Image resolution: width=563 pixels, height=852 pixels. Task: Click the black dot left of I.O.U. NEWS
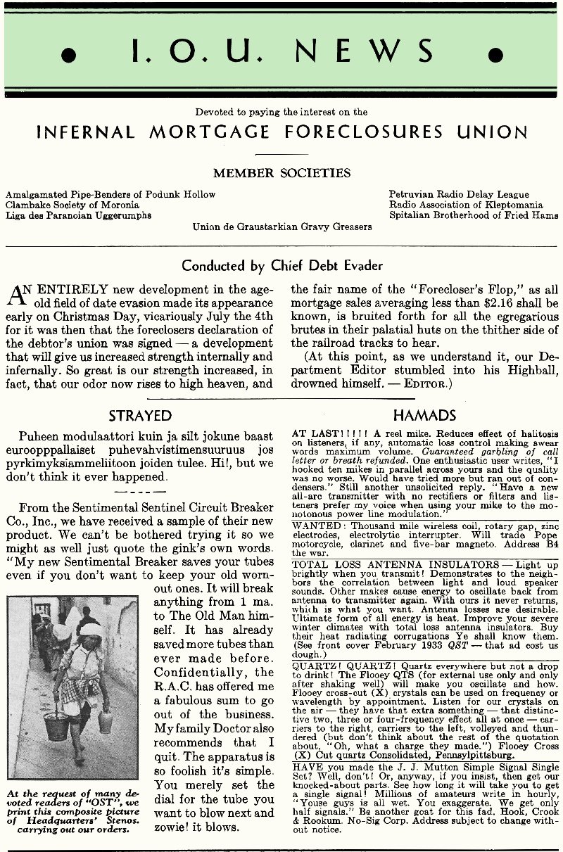[68, 55]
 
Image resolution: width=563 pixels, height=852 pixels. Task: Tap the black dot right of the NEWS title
[495, 55]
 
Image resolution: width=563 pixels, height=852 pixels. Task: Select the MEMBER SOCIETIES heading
[281, 173]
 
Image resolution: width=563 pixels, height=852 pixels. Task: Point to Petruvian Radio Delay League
[459, 194]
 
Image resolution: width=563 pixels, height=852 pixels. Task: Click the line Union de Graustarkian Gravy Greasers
[282, 227]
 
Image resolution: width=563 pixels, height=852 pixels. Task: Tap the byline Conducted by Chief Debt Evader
[282, 265]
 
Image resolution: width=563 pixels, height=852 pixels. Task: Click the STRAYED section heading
[140, 416]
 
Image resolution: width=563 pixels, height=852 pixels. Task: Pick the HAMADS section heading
[424, 416]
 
